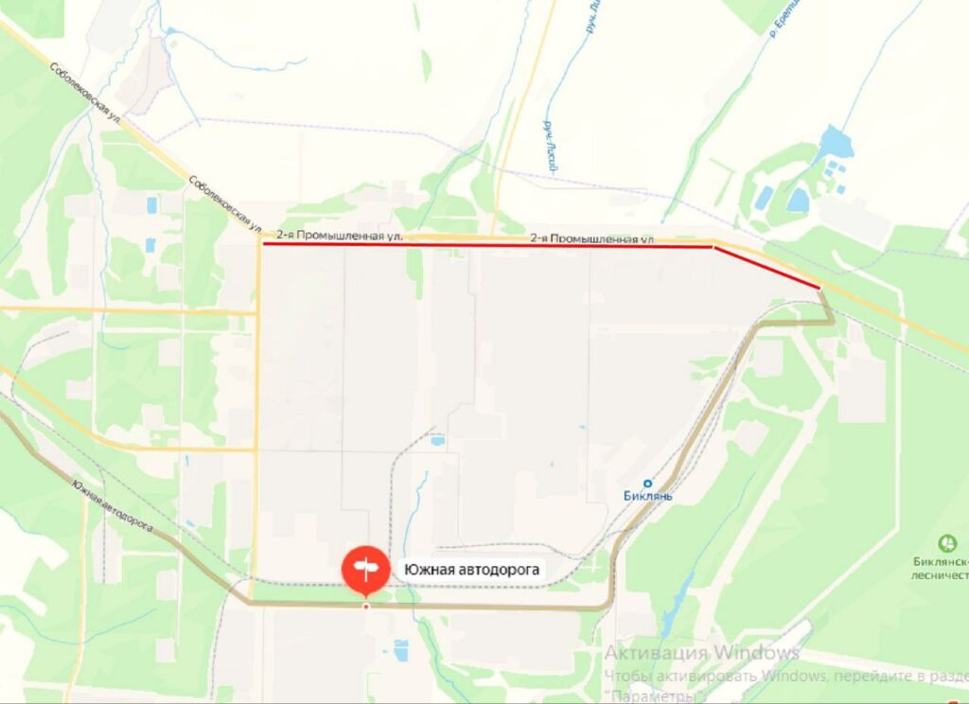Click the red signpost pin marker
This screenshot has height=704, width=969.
coord(365,569)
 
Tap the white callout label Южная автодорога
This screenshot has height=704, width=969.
coord(471,570)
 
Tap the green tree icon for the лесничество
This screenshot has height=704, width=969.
coord(945,544)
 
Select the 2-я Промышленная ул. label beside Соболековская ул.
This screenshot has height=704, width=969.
coord(340,235)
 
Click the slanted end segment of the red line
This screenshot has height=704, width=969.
coord(766,266)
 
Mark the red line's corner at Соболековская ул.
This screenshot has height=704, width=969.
coord(264,243)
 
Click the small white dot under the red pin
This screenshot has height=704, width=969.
coord(366,606)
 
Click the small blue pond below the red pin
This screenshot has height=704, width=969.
coord(401,651)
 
